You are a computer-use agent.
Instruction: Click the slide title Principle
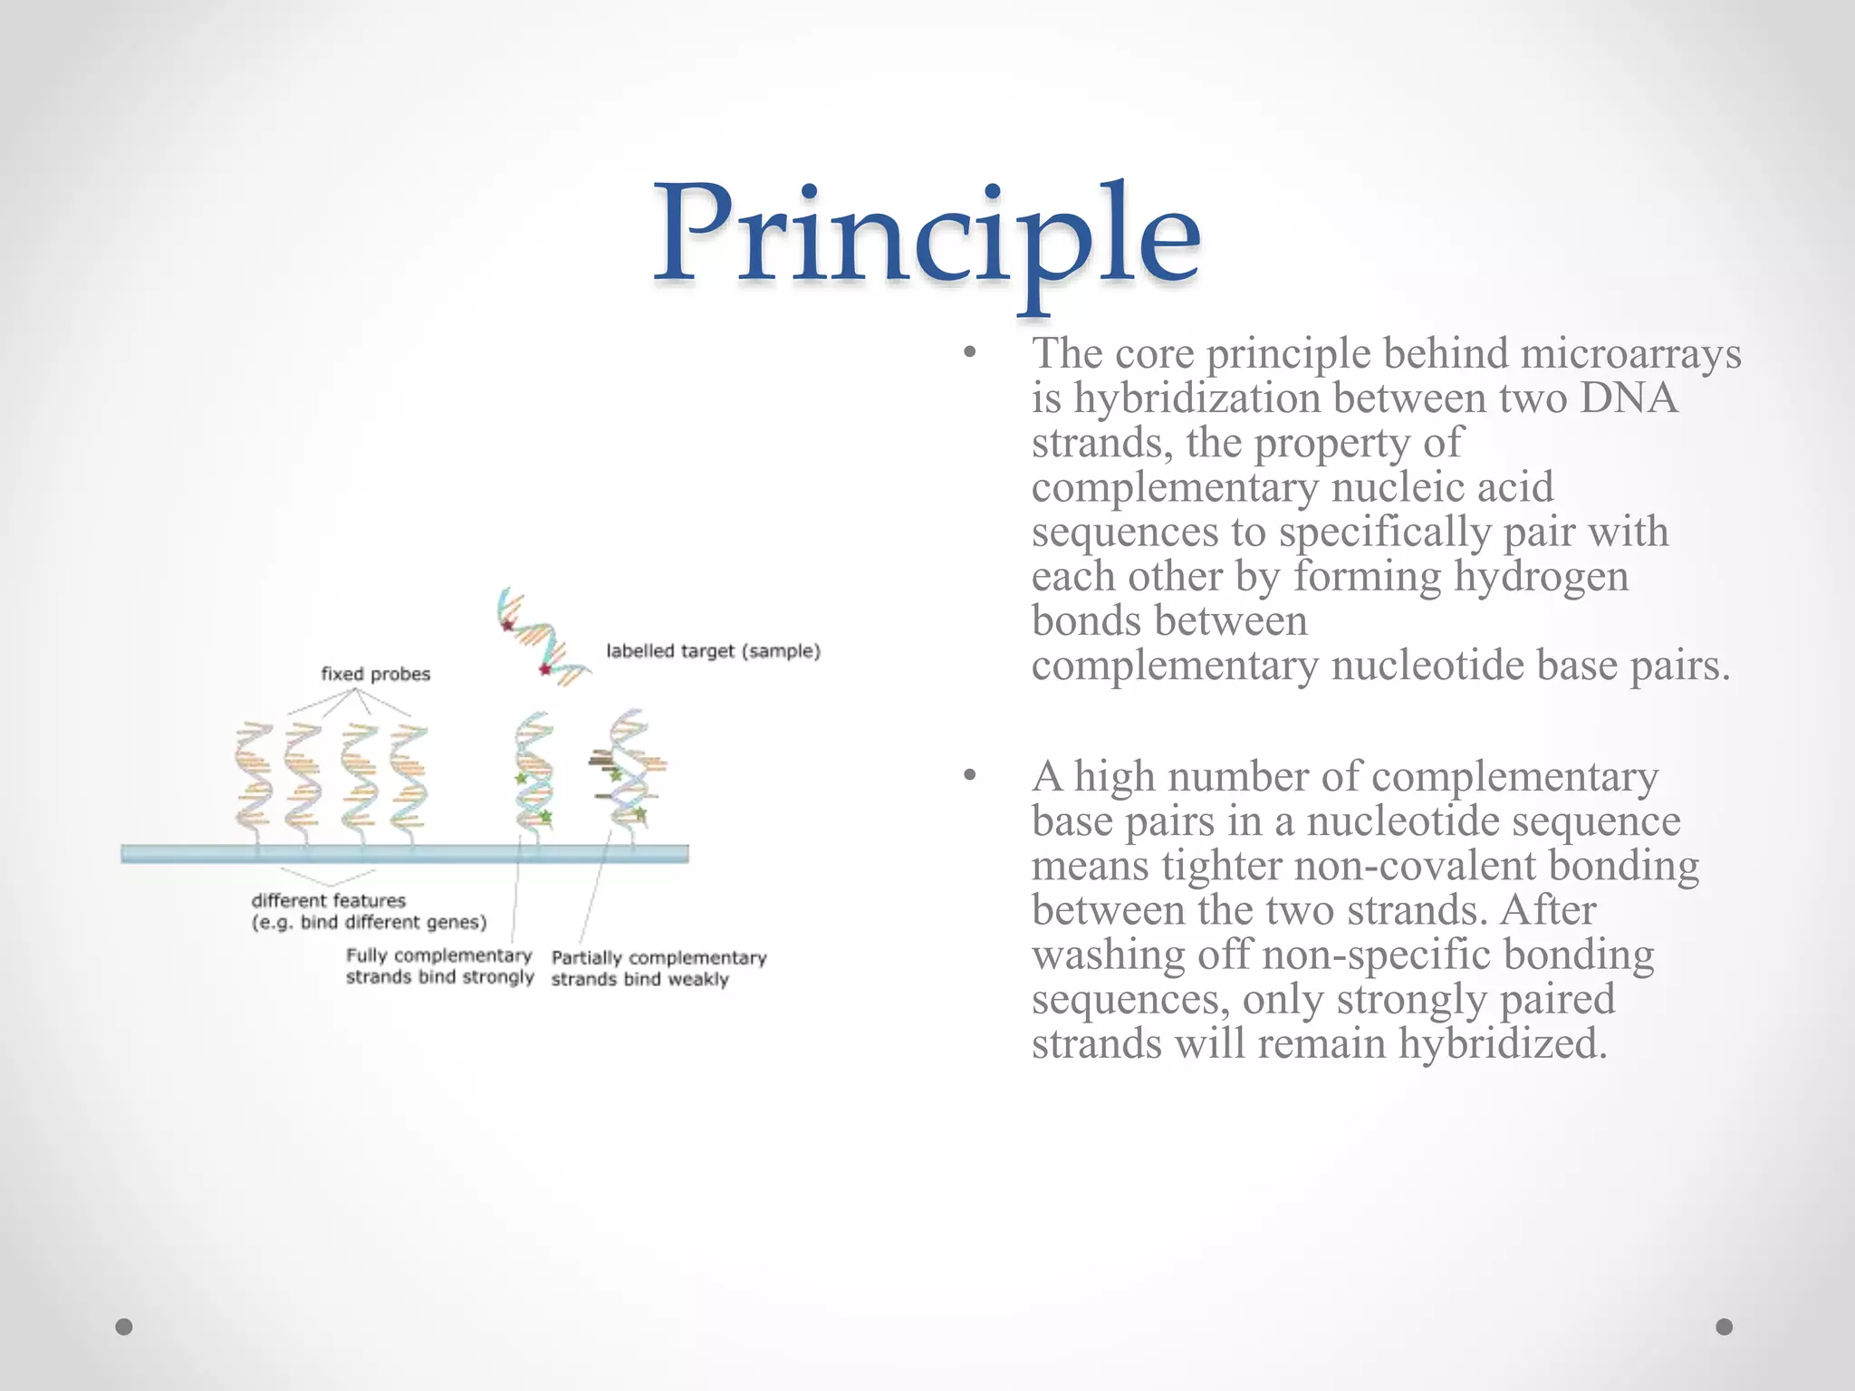click(x=927, y=237)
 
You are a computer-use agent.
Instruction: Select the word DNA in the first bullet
click(x=1629, y=398)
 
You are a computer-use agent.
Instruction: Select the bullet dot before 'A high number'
click(x=970, y=775)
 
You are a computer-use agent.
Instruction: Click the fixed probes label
click(x=375, y=674)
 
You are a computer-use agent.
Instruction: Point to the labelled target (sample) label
click(x=713, y=651)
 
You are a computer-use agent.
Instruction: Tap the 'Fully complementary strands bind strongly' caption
click(x=439, y=966)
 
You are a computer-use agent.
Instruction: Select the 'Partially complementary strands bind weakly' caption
click(x=658, y=968)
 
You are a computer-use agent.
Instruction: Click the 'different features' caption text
click(x=328, y=901)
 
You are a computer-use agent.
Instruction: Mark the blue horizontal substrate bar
click(x=404, y=853)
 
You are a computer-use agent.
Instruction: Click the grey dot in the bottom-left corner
click(x=125, y=1327)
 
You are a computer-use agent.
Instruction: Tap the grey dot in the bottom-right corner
click(x=1725, y=1327)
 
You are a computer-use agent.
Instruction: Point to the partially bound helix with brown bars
click(x=627, y=770)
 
